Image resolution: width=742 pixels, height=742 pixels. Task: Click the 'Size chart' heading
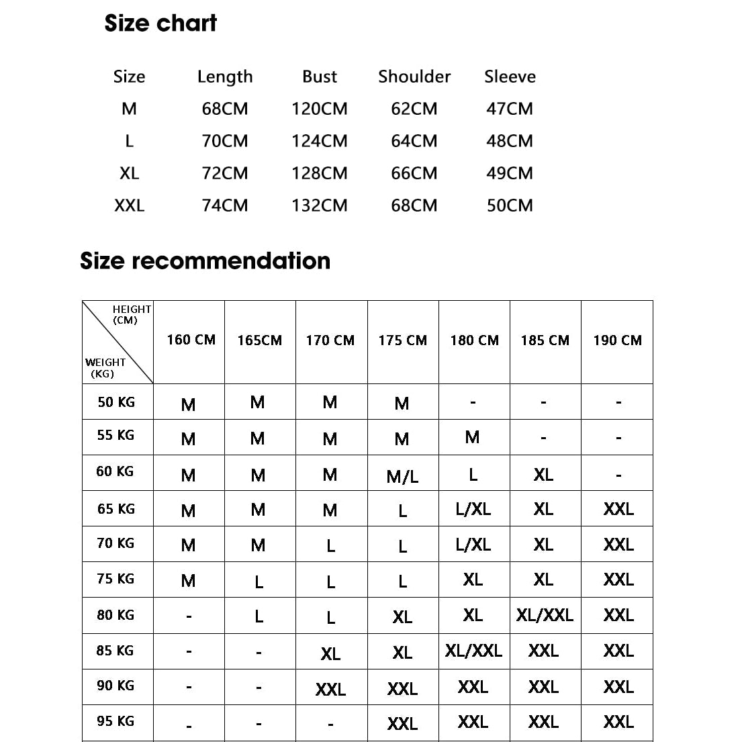click(160, 24)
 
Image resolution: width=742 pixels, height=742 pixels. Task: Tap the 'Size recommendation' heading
click(205, 261)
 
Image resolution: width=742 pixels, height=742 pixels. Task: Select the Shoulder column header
click(414, 77)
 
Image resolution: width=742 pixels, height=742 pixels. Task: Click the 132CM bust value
click(320, 205)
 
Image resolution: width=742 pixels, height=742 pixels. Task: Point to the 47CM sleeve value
click(510, 109)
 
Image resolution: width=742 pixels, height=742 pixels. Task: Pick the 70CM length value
click(225, 141)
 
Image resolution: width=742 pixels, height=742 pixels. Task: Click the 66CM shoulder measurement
click(414, 173)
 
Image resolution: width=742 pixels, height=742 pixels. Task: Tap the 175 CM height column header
click(402, 340)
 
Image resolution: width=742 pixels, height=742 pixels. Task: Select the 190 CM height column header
click(617, 340)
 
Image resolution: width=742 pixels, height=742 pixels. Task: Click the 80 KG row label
click(115, 615)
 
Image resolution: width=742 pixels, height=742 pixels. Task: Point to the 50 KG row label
click(116, 402)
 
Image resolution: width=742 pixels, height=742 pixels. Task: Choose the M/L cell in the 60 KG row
click(402, 477)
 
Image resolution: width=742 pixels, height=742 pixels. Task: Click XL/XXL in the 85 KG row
click(473, 651)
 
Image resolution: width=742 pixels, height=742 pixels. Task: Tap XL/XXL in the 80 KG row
click(545, 615)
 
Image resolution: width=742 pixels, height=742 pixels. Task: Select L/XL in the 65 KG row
click(473, 509)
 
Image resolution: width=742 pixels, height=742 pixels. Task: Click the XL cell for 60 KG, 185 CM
click(543, 475)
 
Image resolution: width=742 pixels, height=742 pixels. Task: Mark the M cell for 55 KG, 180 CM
click(472, 438)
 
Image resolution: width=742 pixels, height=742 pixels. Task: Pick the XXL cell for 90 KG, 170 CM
click(330, 689)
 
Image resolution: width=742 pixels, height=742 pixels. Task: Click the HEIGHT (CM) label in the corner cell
click(131, 314)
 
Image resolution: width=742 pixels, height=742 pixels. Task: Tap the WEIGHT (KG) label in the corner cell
click(104, 368)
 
